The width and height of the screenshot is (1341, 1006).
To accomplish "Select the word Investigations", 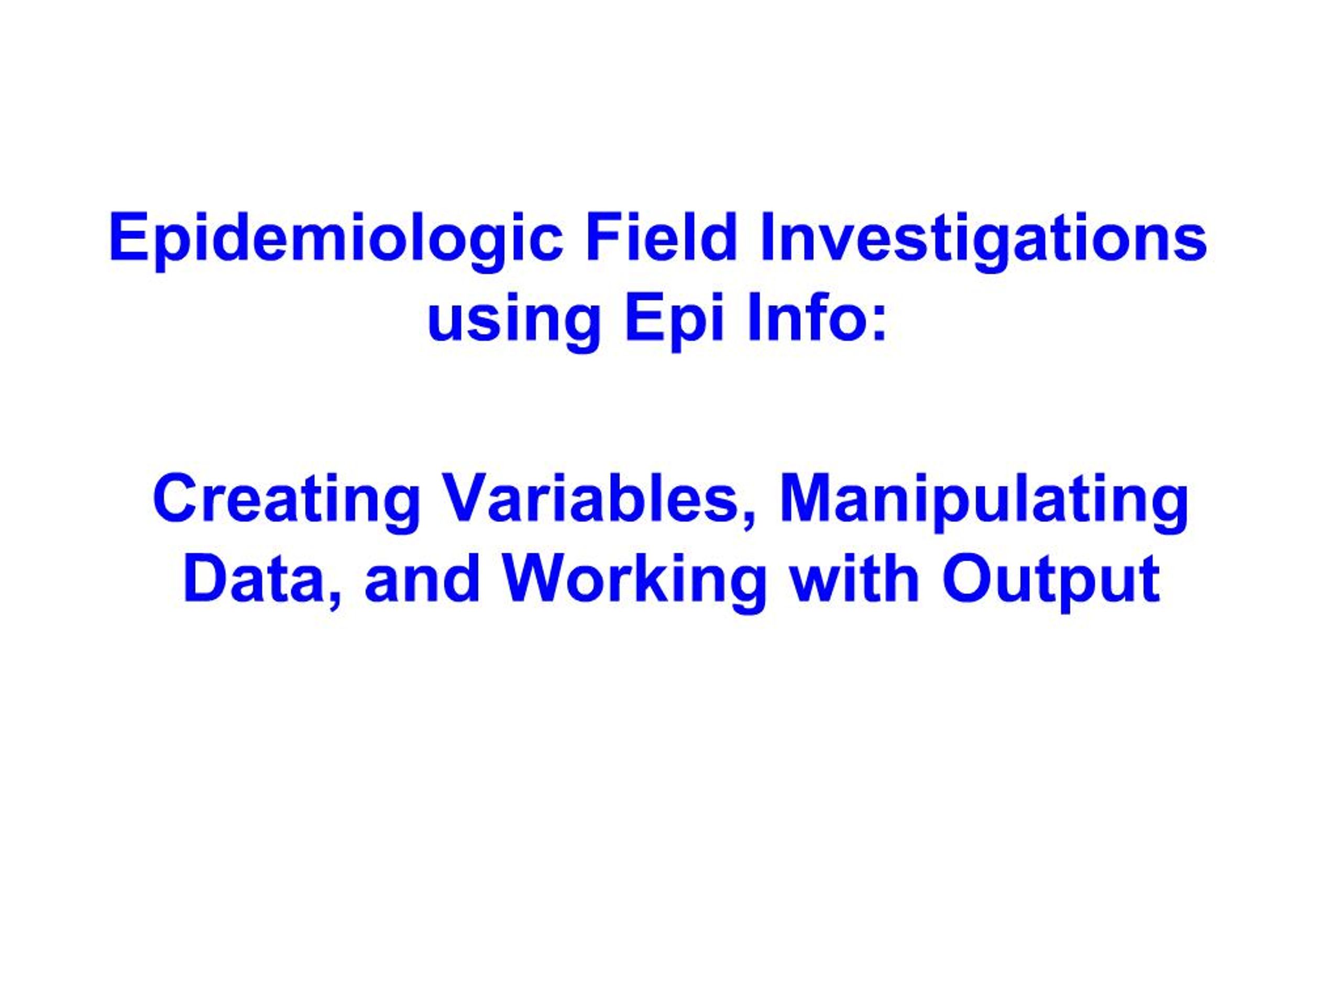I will pyautogui.click(x=983, y=238).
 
